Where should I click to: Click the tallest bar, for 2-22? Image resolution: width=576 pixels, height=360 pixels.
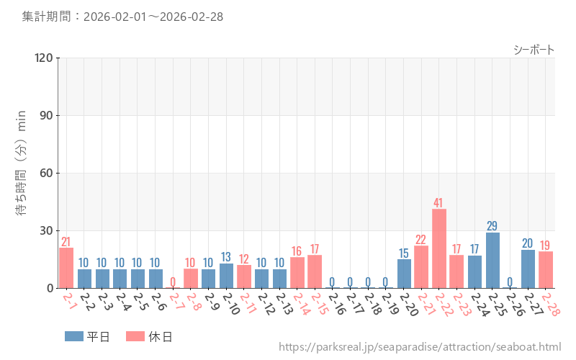click(439, 248)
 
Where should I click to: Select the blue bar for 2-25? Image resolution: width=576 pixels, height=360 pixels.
click(492, 260)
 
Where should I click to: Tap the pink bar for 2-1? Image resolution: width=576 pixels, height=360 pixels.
click(66, 268)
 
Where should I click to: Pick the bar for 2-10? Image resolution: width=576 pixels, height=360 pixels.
click(226, 276)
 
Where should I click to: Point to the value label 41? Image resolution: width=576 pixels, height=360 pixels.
click(439, 202)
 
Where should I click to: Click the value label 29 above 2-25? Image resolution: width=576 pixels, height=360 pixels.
click(492, 226)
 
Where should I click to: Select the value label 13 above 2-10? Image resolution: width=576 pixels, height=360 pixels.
click(226, 257)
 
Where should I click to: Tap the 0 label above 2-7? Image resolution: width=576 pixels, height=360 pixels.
click(173, 282)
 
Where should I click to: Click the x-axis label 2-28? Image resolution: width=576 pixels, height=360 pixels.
click(549, 304)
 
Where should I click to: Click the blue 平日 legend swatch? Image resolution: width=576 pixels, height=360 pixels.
click(74, 336)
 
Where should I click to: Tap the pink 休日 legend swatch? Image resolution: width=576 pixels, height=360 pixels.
click(135, 336)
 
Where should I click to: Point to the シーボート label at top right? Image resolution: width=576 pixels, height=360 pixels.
click(534, 50)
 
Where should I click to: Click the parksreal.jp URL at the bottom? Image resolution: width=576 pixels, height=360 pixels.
click(420, 348)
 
